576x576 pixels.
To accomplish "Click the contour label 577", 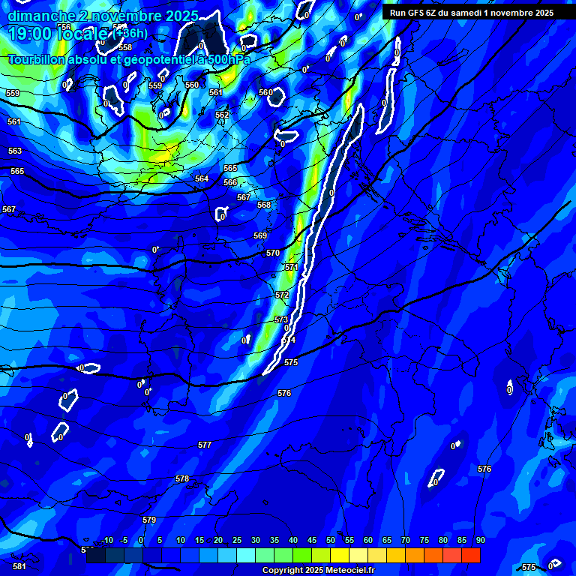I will coord(205,445).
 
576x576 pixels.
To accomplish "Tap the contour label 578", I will coord(182,478).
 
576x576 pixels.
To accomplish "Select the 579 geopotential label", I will coord(149,520).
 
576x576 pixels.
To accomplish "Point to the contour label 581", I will coord(19,566).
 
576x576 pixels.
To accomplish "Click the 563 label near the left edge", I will coord(15,151).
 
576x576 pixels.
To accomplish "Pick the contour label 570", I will coord(273,253).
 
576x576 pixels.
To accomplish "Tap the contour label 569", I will coord(260,235).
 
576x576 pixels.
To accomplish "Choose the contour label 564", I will coord(202,178).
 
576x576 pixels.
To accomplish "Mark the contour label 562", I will coord(222,115).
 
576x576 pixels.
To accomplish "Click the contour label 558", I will coord(125,47).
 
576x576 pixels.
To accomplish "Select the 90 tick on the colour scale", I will coord(480,540).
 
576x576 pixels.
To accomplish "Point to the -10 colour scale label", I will coord(106,540).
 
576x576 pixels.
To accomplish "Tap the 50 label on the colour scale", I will coord(331,540).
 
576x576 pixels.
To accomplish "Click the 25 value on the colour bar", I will coord(237,540).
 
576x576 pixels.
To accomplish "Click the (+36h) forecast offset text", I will coord(132,33).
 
